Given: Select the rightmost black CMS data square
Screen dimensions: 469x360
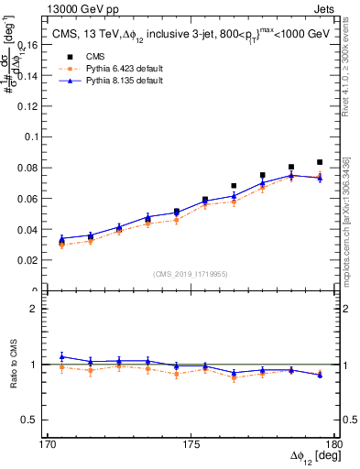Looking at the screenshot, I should [320, 162].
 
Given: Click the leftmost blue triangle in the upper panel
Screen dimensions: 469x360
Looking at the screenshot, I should [61, 238].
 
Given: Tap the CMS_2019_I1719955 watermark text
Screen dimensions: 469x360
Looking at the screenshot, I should [191, 274].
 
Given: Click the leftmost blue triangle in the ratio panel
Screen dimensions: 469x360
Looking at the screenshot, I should [61, 356].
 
